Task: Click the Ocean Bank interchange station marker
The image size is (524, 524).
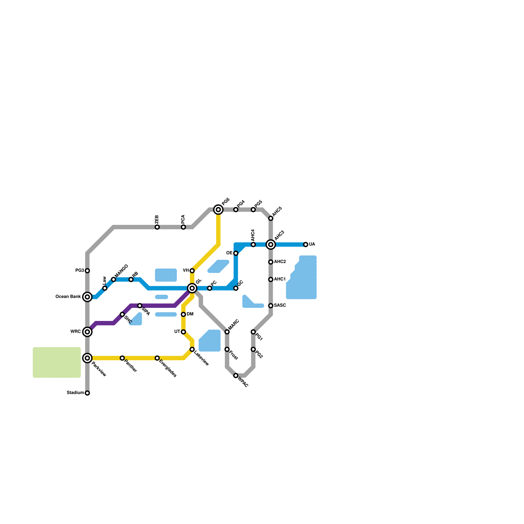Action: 87,297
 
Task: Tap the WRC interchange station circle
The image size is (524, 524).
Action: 87,332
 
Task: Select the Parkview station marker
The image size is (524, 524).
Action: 87,358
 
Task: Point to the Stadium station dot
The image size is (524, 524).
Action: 87,393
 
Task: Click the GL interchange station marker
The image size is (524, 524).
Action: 192,288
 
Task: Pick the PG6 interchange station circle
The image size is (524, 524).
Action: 218,210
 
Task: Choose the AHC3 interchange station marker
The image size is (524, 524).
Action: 271,244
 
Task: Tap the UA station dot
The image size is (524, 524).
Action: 306,244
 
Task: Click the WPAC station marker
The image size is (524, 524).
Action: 236,376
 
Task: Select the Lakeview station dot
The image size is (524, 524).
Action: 192,349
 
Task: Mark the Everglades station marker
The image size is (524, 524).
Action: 157,358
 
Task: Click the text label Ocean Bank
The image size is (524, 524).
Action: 68,297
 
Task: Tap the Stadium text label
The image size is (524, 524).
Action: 75,393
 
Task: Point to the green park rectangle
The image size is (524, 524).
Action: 57,362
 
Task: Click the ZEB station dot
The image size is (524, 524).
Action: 157,227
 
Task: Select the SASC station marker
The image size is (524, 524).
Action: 271,306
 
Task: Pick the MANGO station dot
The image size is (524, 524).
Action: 114,279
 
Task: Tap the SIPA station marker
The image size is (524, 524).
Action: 140,306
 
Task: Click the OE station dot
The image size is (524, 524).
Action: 236,253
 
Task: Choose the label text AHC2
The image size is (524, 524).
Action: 280,262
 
